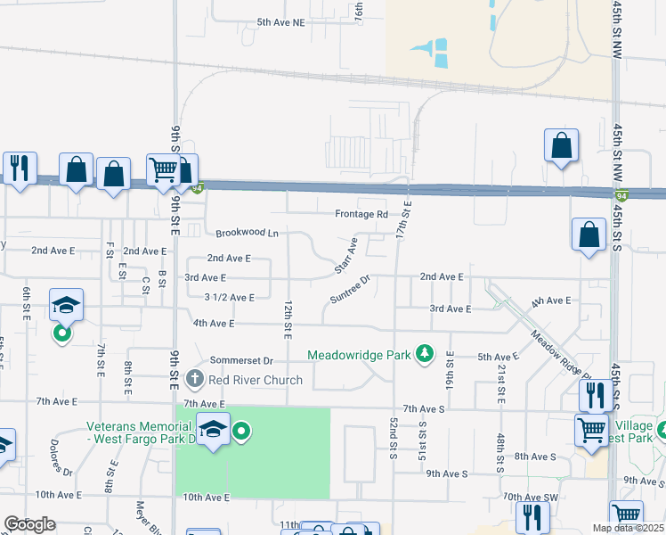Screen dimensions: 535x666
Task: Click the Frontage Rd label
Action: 361,214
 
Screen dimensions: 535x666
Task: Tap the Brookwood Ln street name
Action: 248,234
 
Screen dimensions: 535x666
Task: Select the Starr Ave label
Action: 346,255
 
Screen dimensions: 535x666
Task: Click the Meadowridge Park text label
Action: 360,355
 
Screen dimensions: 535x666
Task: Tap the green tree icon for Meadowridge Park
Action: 426,355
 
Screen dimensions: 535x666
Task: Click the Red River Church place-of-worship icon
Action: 195,380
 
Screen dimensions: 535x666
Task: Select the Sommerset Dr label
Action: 240,361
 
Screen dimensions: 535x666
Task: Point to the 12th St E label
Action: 288,317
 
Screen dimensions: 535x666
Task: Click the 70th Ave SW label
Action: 530,497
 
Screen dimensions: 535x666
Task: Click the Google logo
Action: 29,524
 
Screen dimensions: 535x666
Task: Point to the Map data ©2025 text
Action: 627,528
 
